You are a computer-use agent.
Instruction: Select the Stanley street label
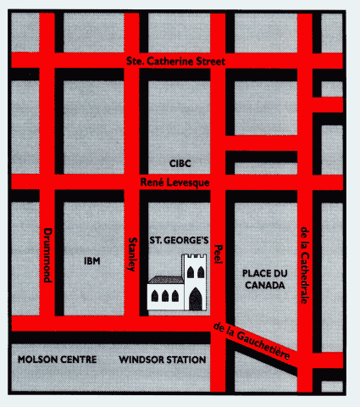point(132,253)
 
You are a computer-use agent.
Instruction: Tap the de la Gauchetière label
point(254,340)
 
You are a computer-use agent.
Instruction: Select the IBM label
point(92,260)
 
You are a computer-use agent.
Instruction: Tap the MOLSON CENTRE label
point(57,360)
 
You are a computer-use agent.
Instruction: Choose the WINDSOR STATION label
point(163,360)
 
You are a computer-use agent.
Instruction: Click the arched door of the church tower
point(196,299)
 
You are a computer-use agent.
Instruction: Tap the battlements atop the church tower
point(195,256)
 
